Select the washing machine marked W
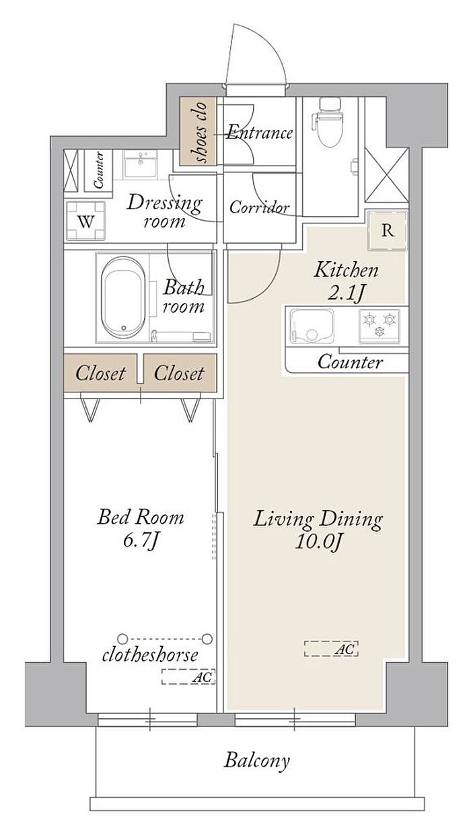tap(85, 221)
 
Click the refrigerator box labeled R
tap(388, 231)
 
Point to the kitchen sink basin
tap(312, 325)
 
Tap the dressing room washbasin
tap(141, 164)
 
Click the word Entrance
tap(260, 133)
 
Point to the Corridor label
tap(259, 207)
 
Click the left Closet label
tap(100, 374)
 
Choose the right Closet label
tap(179, 374)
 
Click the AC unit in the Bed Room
tap(188, 676)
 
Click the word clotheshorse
tap(150, 656)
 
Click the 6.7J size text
tap(141, 540)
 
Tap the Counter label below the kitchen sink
tap(350, 362)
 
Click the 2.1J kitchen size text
tap(345, 293)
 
